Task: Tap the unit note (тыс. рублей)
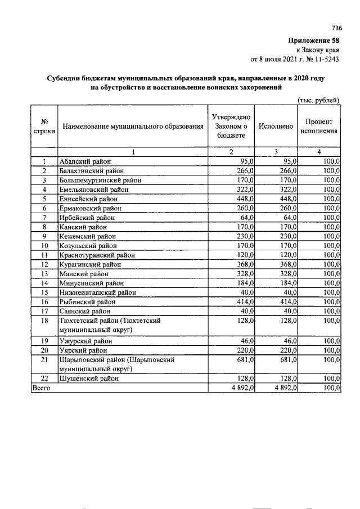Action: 318,100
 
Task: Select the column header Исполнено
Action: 276,127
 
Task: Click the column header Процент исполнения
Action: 319,127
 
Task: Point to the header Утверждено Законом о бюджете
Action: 231,127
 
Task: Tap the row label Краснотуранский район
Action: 94,255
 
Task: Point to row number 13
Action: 44,273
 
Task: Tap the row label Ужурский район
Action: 85,341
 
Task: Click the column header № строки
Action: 44,127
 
